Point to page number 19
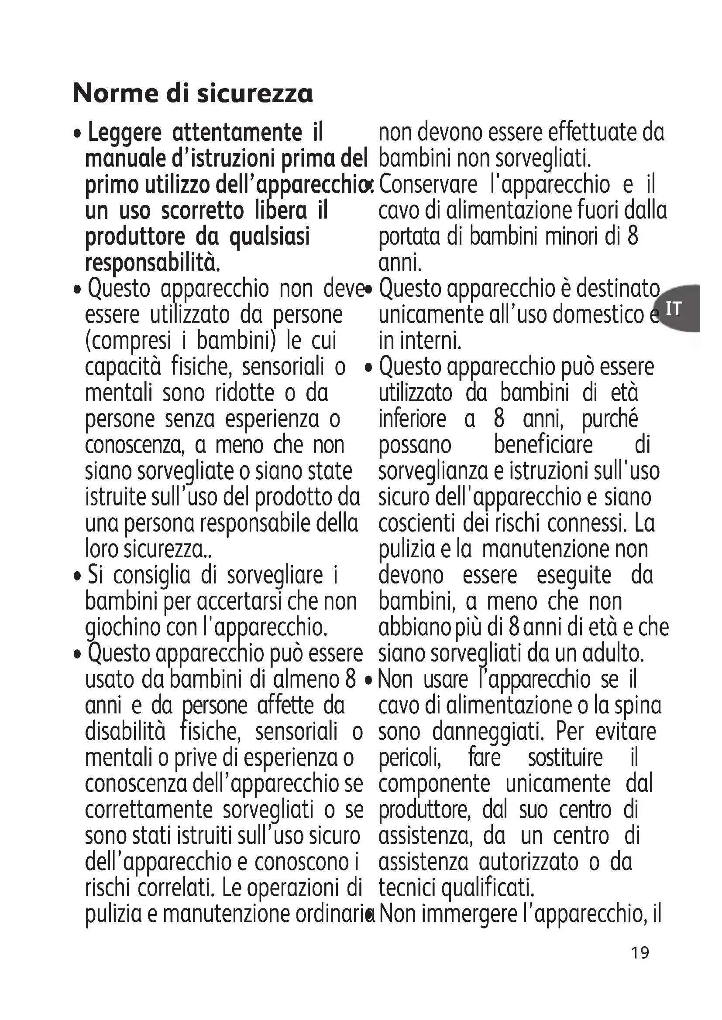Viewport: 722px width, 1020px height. [640, 953]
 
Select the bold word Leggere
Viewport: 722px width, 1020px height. [124, 133]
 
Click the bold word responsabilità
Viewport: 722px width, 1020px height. [152, 263]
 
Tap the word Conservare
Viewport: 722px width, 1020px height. [428, 185]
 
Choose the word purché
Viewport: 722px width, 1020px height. [609, 419]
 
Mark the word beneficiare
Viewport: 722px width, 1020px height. [543, 445]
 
